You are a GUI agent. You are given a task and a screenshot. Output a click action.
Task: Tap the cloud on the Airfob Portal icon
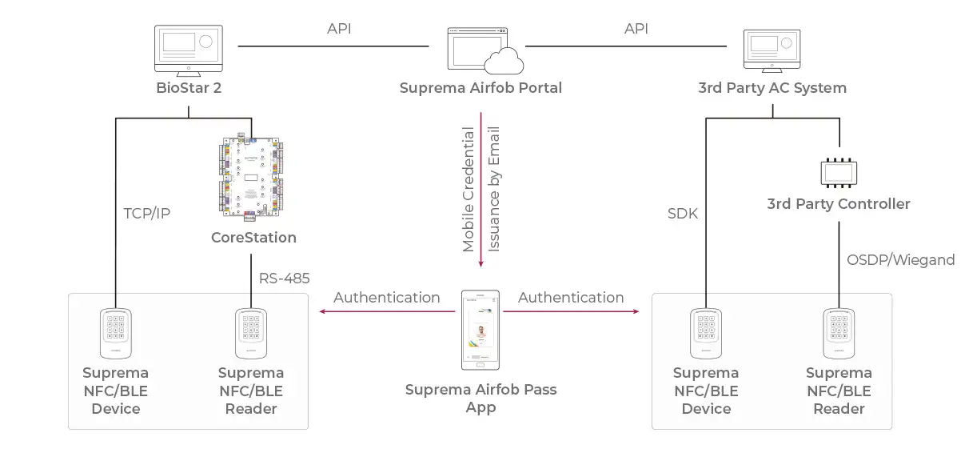click(504, 62)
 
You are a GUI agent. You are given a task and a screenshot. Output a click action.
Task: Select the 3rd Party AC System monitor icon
click(772, 51)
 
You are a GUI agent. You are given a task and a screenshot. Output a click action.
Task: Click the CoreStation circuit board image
click(251, 178)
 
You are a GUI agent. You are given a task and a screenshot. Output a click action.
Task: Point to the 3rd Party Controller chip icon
click(839, 173)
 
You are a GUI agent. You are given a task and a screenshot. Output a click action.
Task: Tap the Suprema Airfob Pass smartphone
click(480, 330)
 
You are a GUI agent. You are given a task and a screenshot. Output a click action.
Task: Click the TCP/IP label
click(147, 214)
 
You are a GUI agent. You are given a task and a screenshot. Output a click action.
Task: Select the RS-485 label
click(284, 279)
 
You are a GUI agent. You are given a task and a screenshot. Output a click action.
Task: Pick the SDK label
click(683, 214)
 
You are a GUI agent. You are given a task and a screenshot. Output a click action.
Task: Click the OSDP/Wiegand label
click(900, 260)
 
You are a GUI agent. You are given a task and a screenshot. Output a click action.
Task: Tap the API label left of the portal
click(339, 28)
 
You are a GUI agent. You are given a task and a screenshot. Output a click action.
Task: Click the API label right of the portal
click(636, 28)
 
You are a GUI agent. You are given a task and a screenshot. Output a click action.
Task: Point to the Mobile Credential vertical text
click(468, 190)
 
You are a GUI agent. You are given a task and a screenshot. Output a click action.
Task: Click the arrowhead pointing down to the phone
click(481, 263)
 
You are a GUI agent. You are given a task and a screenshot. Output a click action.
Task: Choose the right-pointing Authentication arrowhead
click(636, 311)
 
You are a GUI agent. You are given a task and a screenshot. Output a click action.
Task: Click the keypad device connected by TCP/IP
click(116, 333)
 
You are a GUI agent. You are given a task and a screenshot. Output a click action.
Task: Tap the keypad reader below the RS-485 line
click(251, 333)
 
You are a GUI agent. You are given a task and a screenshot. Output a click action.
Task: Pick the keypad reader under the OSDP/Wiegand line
click(839, 333)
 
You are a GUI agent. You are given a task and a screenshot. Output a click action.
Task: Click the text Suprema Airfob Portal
click(480, 87)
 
